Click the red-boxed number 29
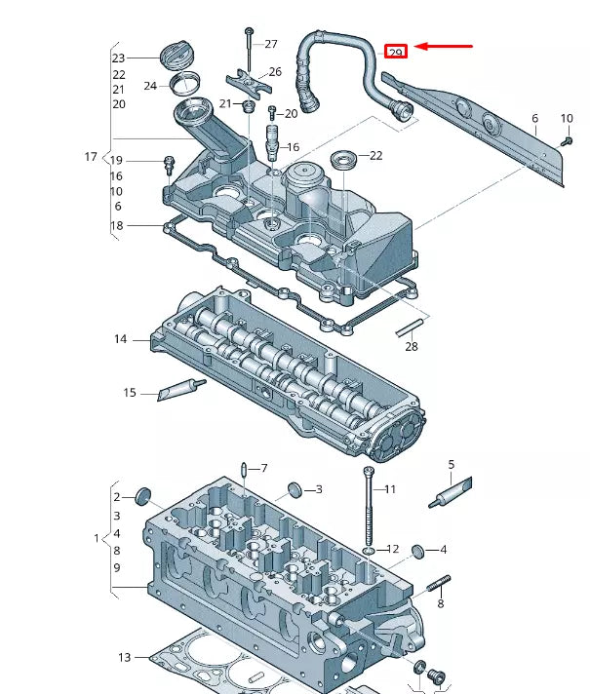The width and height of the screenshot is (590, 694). [396, 52]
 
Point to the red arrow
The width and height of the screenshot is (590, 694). [445, 46]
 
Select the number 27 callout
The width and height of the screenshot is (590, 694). [271, 44]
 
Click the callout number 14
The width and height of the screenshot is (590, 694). [120, 339]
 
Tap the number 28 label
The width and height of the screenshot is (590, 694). [411, 347]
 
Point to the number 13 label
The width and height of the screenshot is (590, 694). [124, 658]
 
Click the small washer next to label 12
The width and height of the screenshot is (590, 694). [368, 551]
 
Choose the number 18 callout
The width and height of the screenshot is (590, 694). [117, 226]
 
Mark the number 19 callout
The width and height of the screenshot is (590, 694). [116, 160]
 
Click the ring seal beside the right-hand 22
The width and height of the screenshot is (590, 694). [343, 157]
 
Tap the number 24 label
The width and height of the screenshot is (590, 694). [150, 86]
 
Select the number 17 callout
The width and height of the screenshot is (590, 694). [91, 157]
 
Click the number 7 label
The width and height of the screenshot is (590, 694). [263, 469]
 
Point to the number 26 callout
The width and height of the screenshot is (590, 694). [275, 72]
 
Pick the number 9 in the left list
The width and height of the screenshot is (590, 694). [117, 567]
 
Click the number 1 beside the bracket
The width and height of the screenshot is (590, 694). [97, 538]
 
